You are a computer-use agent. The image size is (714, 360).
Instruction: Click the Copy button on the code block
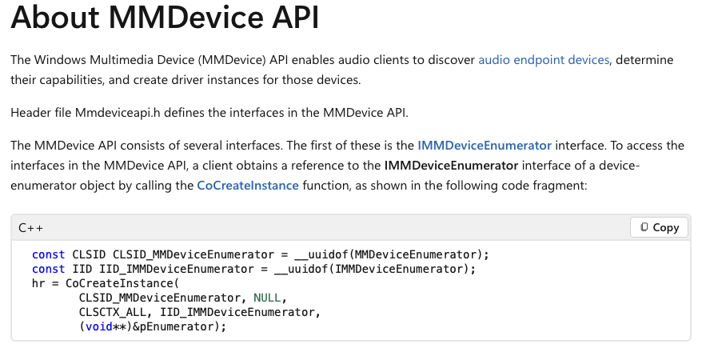click(659, 227)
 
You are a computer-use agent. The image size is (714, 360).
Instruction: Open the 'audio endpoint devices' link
click(544, 60)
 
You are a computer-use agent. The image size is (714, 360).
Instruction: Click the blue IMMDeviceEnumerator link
click(485, 146)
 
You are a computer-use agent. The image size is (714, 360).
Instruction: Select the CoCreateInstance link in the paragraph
click(248, 186)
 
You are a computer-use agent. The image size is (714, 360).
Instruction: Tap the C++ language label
click(31, 228)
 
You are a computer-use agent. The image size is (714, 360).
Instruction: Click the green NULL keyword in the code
click(267, 298)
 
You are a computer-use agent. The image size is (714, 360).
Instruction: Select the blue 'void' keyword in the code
click(97, 326)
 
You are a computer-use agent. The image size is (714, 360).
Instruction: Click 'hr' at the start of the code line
click(38, 283)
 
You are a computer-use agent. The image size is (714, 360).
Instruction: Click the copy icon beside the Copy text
click(644, 227)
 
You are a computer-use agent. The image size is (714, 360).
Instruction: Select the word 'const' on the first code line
click(48, 254)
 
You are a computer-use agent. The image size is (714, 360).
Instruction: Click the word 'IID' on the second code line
click(82, 269)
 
